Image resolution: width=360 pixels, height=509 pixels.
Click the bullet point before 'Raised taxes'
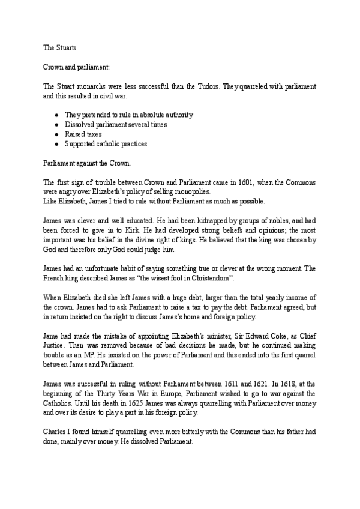[56, 134]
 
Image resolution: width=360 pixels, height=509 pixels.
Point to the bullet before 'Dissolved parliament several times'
[56, 125]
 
